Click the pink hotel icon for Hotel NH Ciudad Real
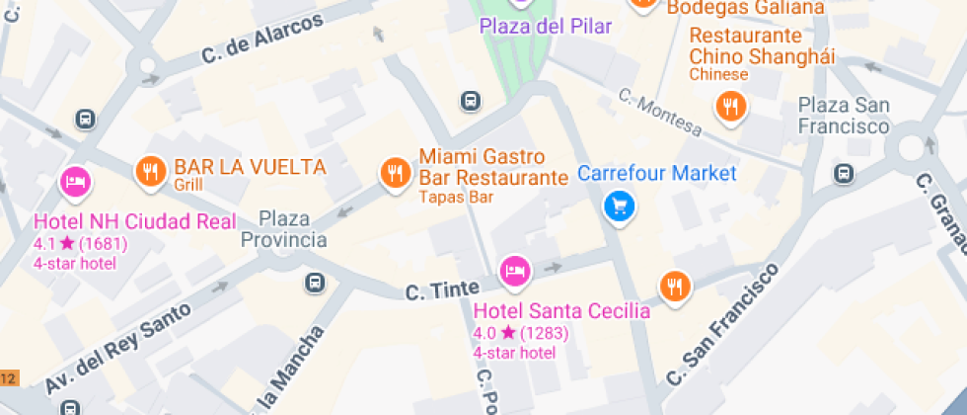coord(76,181)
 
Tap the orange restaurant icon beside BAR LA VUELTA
coord(150,172)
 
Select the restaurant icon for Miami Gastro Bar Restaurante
coord(396,173)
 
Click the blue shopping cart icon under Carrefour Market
coord(619,206)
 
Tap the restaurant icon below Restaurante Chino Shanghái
coord(730,106)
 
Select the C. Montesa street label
coord(660,113)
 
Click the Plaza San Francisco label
coord(844,116)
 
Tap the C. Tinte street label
coord(443,290)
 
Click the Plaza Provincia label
coord(284,228)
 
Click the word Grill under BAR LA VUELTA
coord(188,185)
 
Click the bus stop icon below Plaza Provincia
coord(315,282)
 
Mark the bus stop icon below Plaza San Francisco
coord(844,173)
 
